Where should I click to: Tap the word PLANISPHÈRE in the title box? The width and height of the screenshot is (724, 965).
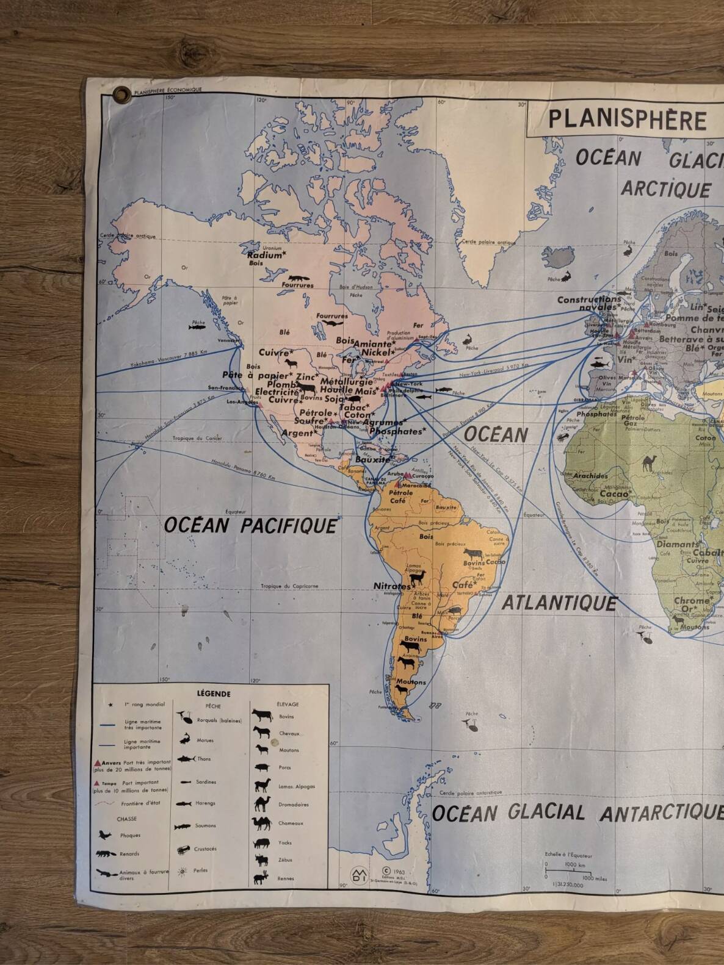(626, 119)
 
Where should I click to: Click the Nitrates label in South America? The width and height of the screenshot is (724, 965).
(391, 586)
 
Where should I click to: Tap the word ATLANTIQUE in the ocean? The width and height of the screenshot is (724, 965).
(559, 603)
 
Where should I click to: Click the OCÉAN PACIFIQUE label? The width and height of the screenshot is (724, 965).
(250, 525)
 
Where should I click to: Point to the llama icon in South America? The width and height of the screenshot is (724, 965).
(416, 576)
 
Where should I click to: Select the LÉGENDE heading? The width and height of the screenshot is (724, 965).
(214, 694)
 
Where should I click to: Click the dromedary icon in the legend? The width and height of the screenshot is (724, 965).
(262, 803)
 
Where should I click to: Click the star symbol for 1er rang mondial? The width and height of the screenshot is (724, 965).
(110, 705)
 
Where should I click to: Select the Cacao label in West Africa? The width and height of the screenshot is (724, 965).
(614, 493)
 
